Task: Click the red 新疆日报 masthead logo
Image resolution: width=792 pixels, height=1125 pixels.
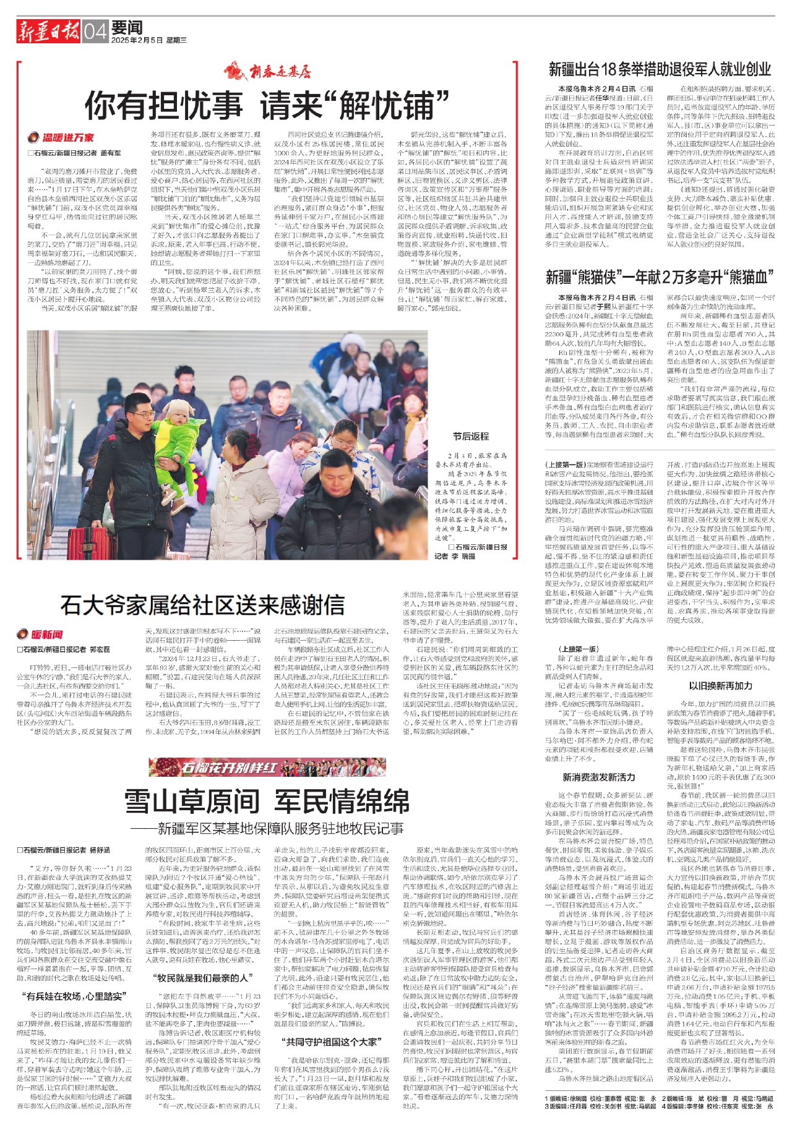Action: point(48,30)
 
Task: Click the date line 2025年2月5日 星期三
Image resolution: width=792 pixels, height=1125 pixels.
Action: point(149,40)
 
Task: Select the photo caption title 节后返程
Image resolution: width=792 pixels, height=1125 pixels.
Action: point(470,436)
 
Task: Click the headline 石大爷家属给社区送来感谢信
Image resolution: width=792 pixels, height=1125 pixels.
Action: point(203,604)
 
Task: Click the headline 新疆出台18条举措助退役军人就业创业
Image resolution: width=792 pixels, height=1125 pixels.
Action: point(660,69)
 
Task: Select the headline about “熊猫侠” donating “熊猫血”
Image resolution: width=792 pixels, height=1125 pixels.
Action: point(660,276)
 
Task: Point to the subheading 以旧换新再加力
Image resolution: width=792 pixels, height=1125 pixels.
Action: point(720,686)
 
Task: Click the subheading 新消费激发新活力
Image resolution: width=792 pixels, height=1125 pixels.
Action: point(598,777)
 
